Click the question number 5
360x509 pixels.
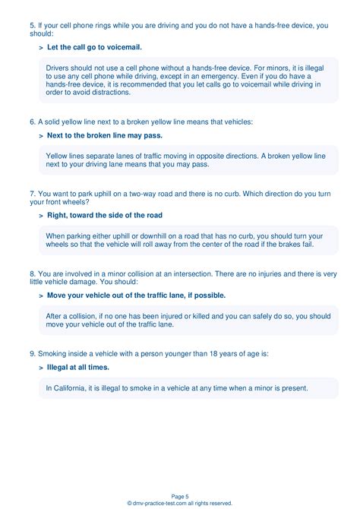click(x=33, y=25)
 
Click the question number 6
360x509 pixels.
click(x=33, y=122)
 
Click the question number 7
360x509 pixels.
click(x=33, y=193)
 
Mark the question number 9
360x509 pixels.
click(x=33, y=353)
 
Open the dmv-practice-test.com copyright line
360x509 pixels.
click(x=180, y=503)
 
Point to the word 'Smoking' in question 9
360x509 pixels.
click(x=55, y=353)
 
